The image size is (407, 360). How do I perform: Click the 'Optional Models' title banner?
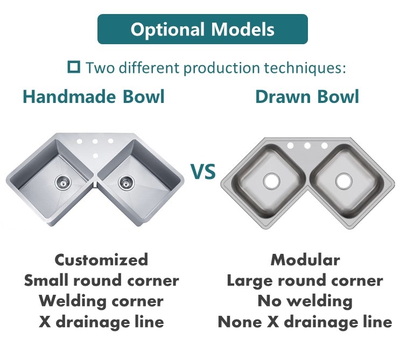point(202,29)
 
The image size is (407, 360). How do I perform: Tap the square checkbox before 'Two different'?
point(74,67)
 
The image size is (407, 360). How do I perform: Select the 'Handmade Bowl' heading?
point(94,96)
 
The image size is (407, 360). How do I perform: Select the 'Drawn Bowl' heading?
point(307,96)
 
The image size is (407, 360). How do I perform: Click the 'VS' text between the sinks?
point(203,171)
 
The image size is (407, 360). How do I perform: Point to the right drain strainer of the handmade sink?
point(127,183)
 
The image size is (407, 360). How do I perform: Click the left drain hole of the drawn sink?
point(271,181)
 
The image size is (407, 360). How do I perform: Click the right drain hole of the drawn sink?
point(343,181)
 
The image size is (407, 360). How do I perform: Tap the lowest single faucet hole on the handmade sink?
point(95,156)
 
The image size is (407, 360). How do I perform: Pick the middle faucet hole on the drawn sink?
point(307,146)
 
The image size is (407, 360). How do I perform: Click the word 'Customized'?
point(101,260)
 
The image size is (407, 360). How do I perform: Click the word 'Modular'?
point(305,260)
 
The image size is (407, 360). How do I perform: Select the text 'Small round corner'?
point(101,280)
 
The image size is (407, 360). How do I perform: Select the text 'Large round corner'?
point(305,280)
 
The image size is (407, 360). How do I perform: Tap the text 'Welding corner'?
point(101,301)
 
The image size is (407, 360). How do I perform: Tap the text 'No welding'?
point(305,301)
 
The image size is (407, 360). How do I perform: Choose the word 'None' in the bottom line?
point(240,322)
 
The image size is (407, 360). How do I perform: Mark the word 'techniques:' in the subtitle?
point(305,68)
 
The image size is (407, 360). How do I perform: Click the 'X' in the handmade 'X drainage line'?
point(45,322)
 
